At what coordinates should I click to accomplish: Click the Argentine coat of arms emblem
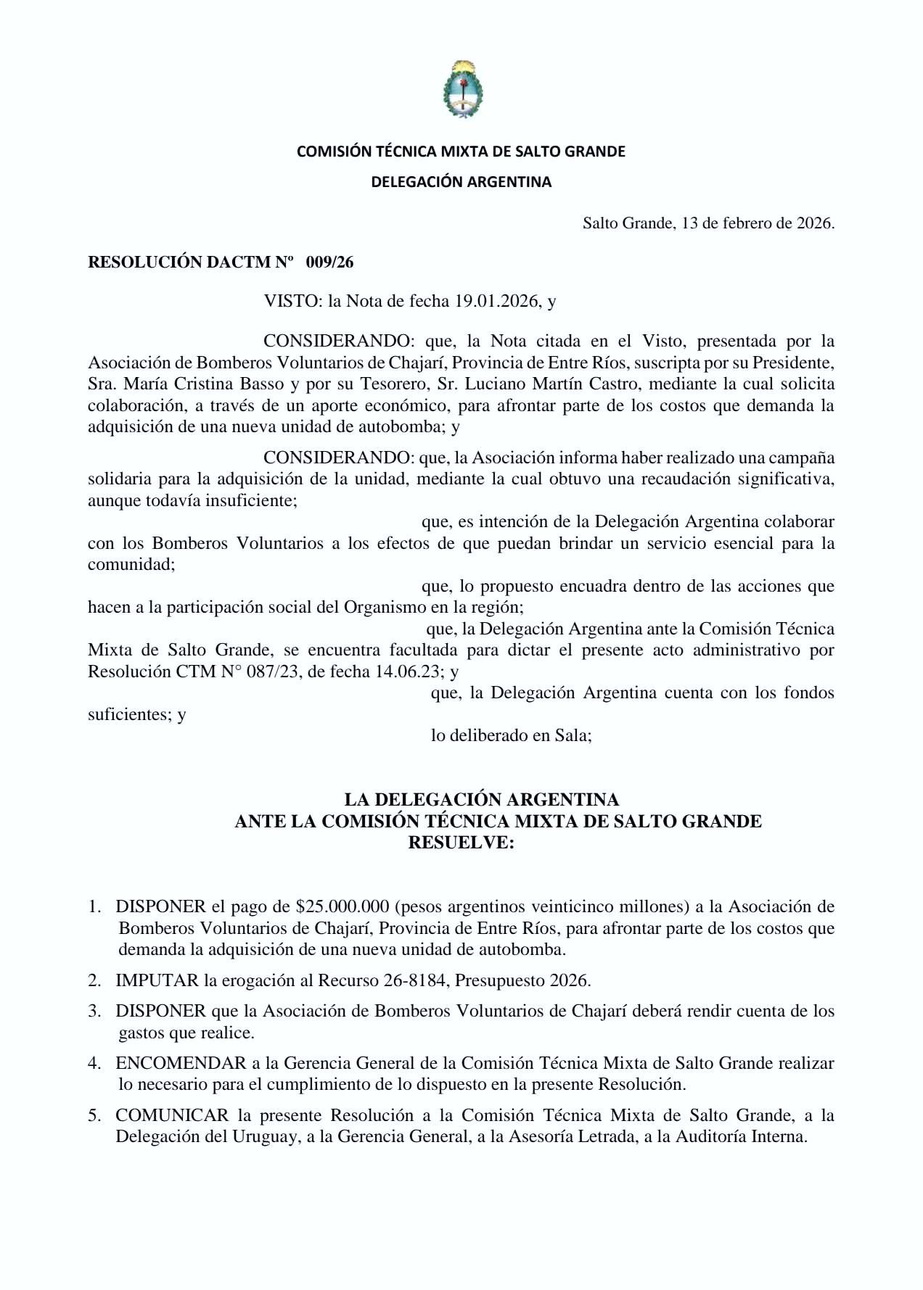click(x=462, y=90)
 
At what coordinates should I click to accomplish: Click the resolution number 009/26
click(x=329, y=262)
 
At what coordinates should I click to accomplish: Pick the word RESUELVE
click(x=461, y=843)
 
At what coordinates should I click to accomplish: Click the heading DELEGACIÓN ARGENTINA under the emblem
click(x=461, y=182)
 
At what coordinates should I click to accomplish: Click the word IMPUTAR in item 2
click(x=157, y=980)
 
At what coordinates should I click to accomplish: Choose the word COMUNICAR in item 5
click(x=172, y=1115)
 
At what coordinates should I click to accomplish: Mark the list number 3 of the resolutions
click(x=94, y=1011)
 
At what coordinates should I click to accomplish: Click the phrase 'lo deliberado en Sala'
click(x=511, y=735)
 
